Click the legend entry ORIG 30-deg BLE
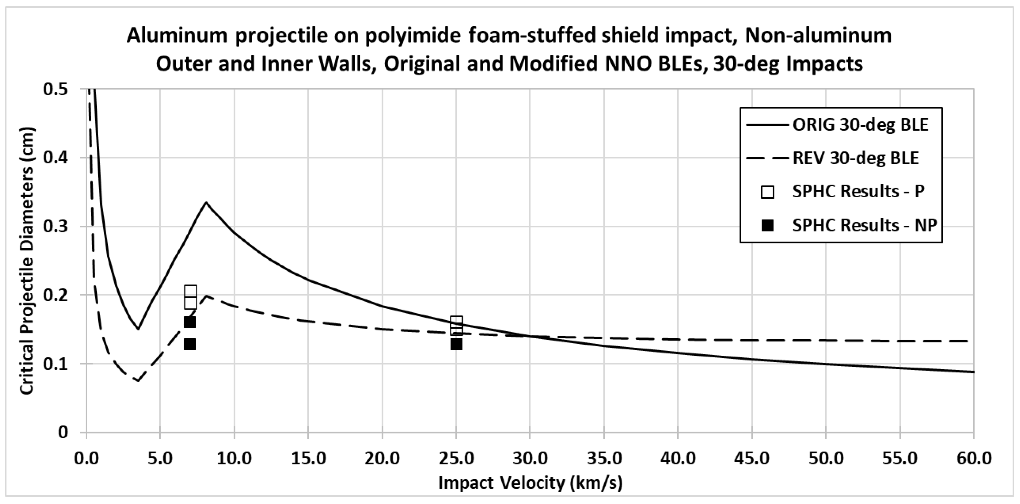click(860, 125)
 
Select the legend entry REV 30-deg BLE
click(855, 158)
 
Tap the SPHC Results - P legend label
click(858, 191)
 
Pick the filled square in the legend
click(767, 225)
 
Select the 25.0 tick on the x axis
click(456, 458)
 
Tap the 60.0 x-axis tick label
click(973, 458)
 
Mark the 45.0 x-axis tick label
click(752, 458)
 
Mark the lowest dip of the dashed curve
click(138, 381)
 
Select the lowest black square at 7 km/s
click(190, 344)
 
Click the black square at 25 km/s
click(456, 344)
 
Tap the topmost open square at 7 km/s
click(191, 292)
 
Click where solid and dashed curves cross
click(530, 336)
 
